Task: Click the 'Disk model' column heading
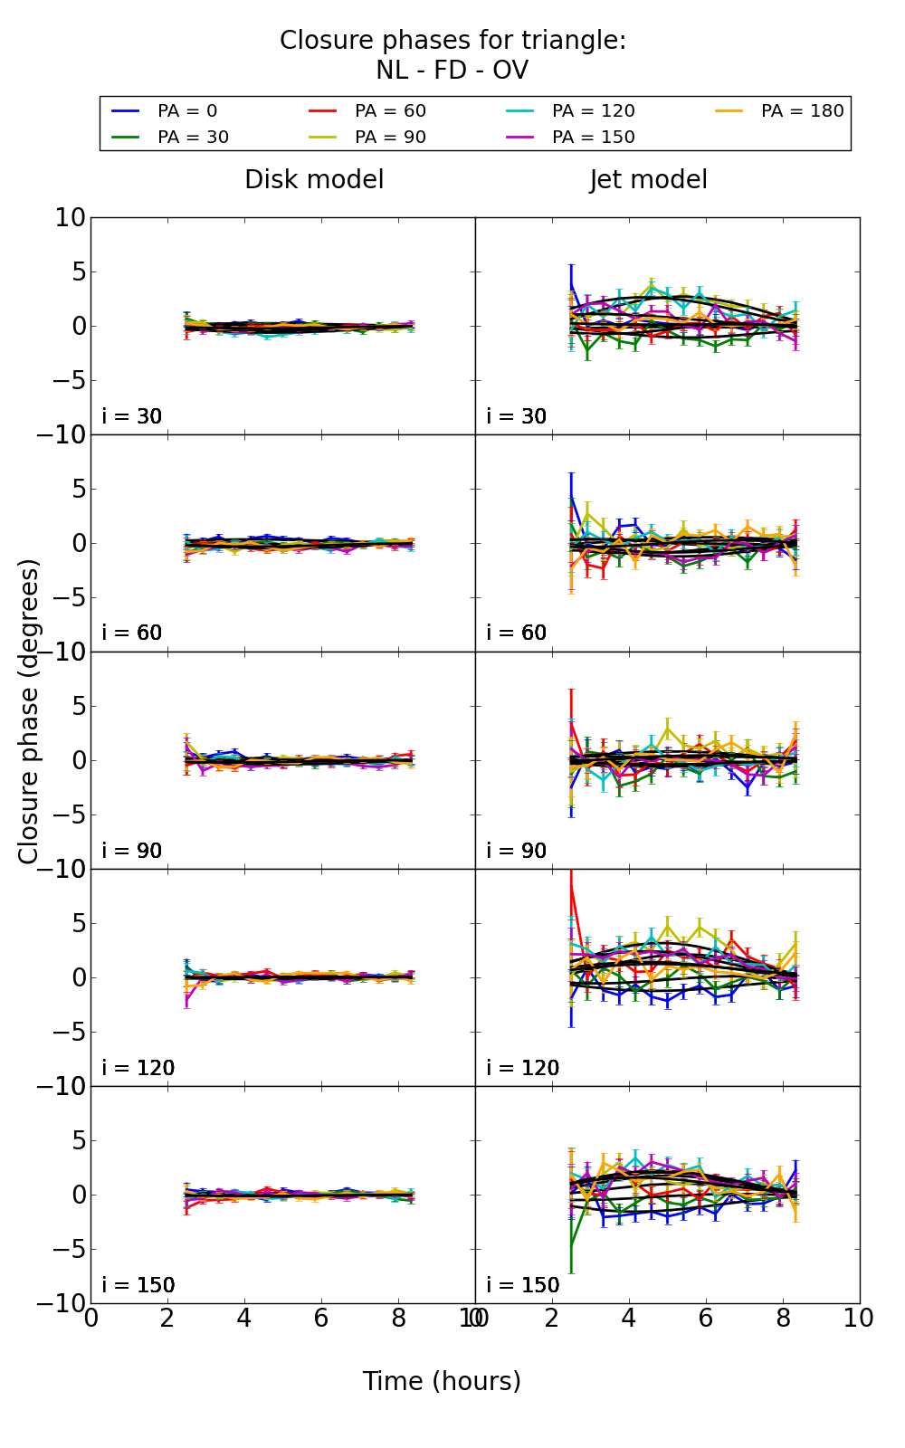point(314,180)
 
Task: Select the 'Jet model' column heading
point(649,180)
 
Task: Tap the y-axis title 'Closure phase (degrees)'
point(29,711)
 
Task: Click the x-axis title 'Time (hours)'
point(442,1381)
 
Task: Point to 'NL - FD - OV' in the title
point(452,71)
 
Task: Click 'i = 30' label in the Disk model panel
point(132,416)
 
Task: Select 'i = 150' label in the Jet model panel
point(523,1285)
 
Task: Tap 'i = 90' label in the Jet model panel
point(517,851)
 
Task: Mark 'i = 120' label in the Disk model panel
point(138,1068)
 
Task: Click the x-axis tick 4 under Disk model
point(244,1319)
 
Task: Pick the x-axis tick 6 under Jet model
point(706,1319)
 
